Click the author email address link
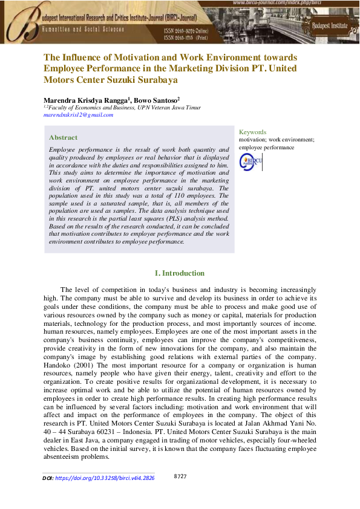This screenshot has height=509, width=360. tap(79, 115)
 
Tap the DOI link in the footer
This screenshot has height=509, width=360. tap(104, 478)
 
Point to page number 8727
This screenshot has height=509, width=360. tap(180, 477)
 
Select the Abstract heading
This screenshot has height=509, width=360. tap(63, 137)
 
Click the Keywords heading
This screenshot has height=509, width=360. tap(252, 132)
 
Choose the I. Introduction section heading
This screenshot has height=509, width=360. tap(180, 273)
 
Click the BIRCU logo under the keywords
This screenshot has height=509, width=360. tap(250, 161)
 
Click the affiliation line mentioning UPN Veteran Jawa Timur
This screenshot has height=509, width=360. tap(122, 107)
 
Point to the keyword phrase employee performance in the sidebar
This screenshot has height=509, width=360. tap(266, 147)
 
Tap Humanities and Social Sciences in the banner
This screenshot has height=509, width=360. tap(83, 28)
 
